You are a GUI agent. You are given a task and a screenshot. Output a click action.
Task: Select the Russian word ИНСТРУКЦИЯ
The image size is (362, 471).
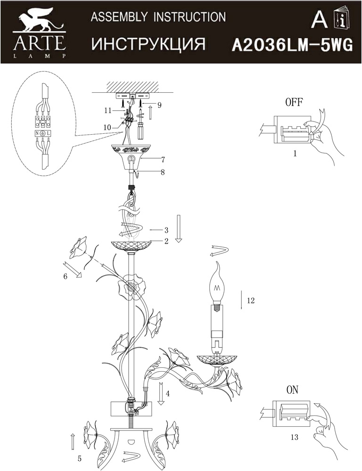pos(148,44)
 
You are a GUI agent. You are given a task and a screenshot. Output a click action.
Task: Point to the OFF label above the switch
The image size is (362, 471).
pos(294,102)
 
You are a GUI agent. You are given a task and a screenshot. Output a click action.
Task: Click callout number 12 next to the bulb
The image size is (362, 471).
pos(250,300)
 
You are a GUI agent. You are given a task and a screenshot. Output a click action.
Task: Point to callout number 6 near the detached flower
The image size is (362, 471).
pos(65,276)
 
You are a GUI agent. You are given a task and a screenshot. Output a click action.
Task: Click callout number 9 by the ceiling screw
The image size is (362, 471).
pos(159,105)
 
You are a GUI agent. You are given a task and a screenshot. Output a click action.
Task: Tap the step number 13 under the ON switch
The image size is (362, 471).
pos(294,437)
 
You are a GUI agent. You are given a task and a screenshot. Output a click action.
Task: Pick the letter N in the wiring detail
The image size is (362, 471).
pos(37,133)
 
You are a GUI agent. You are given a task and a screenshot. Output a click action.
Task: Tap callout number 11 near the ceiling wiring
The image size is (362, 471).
pos(108,110)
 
